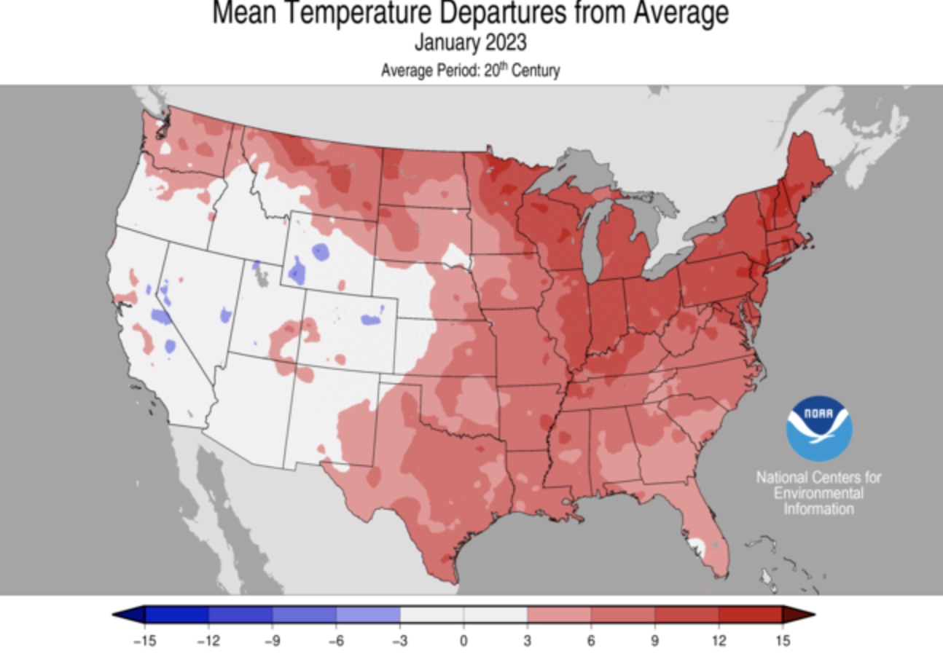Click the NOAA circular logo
click(x=818, y=428)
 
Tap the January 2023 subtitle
click(x=470, y=43)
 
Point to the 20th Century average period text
click(x=470, y=71)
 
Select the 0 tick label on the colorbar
click(x=463, y=641)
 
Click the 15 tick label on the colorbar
click(x=782, y=641)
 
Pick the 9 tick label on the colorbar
click(x=654, y=641)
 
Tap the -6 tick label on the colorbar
click(x=336, y=641)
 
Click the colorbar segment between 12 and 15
click(x=750, y=615)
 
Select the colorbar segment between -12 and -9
click(x=240, y=615)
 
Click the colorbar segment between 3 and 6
click(x=559, y=615)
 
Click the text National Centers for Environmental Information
click(x=818, y=493)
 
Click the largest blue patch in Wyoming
click(x=297, y=272)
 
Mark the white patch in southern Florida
click(x=697, y=543)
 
